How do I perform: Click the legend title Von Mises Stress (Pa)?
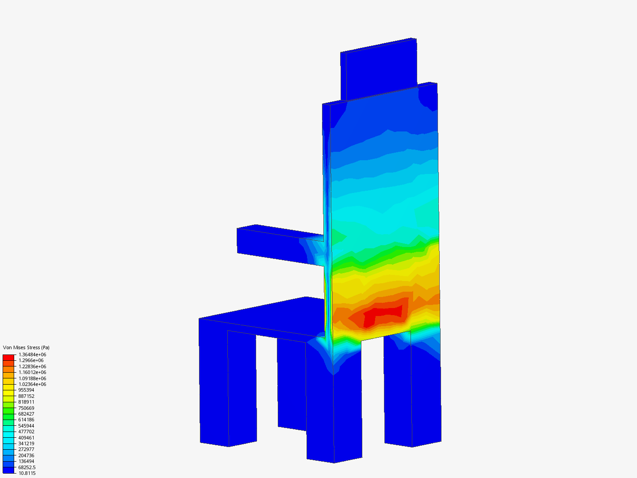26,347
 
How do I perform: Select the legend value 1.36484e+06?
32,355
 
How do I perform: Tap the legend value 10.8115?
27,473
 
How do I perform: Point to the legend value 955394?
26,390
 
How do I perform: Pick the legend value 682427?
26,414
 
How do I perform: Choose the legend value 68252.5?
27,467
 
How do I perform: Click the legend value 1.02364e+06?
32,384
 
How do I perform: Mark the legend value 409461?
26,438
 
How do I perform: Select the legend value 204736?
26,455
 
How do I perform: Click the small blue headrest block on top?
380,71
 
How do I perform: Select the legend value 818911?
26,402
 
